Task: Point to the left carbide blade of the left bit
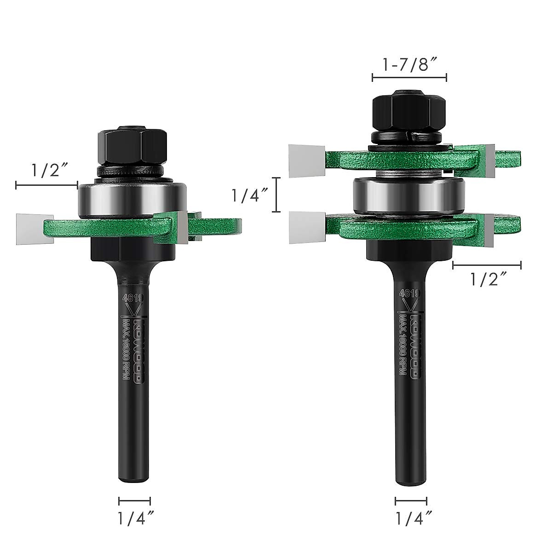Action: [33, 229]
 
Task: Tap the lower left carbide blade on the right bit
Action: [306, 227]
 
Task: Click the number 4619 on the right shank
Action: [409, 294]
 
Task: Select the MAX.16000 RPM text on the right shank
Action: [403, 345]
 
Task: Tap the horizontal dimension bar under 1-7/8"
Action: [409, 78]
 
